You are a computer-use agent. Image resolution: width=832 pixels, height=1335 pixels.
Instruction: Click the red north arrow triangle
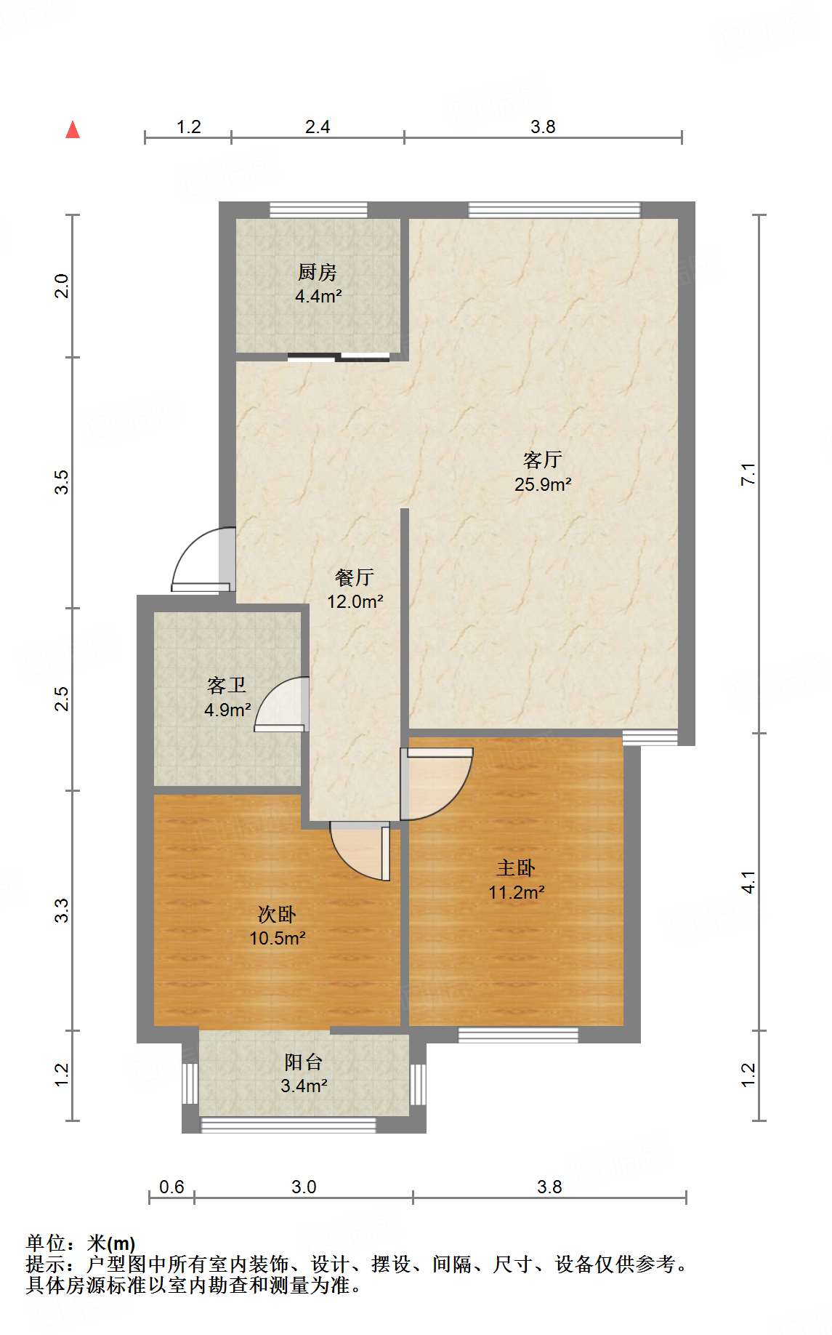point(73,130)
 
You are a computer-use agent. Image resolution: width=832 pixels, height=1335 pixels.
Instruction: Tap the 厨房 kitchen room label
point(318,273)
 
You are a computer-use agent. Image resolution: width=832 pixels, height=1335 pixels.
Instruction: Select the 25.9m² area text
point(543,484)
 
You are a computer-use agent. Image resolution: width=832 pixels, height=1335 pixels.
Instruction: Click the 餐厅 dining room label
point(355,577)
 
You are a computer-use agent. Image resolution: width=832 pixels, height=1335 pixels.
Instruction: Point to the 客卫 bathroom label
point(227,685)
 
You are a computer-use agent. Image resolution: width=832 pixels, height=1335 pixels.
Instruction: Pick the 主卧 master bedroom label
point(516,867)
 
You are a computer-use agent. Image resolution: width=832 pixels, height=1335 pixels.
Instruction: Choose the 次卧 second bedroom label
point(277,914)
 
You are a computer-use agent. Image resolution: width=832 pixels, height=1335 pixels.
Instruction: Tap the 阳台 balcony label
point(304,1062)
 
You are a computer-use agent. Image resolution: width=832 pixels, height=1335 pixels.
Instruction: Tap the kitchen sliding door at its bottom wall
point(339,357)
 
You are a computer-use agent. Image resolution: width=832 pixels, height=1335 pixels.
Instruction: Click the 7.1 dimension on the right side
point(748,474)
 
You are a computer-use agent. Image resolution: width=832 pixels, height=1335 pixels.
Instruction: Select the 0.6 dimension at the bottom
point(171,1187)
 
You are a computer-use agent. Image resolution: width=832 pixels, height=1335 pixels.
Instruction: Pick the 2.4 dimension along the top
point(318,127)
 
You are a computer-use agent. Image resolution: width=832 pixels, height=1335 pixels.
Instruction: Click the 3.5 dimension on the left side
point(62,482)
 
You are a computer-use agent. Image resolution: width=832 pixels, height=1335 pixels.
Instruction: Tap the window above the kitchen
point(318,210)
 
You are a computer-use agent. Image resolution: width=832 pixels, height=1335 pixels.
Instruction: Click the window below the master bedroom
point(518,1035)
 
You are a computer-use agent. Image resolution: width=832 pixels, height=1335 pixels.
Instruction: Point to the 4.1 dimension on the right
point(748,882)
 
